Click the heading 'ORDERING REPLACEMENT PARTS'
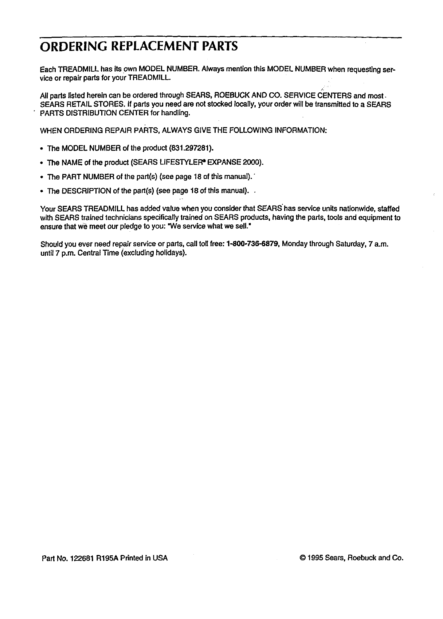(139, 47)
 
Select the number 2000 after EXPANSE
(252, 163)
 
